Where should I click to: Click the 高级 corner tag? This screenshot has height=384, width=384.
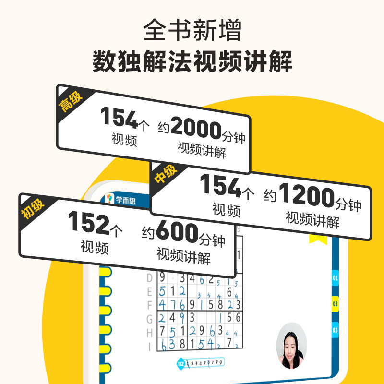click(x=71, y=100)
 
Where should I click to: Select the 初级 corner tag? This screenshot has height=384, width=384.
click(x=32, y=207)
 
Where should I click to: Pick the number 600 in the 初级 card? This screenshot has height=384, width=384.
click(x=177, y=233)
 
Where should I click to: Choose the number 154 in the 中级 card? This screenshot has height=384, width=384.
click(x=221, y=186)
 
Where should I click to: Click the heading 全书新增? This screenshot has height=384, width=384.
click(x=192, y=31)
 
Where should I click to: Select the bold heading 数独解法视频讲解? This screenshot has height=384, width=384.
click(x=192, y=62)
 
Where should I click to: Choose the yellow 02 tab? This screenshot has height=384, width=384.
click(x=335, y=304)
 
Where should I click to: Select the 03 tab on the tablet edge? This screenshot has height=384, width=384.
click(x=335, y=330)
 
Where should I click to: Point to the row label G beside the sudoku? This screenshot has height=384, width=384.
click(x=149, y=317)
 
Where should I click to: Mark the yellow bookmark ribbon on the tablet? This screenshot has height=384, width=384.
click(x=317, y=239)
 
